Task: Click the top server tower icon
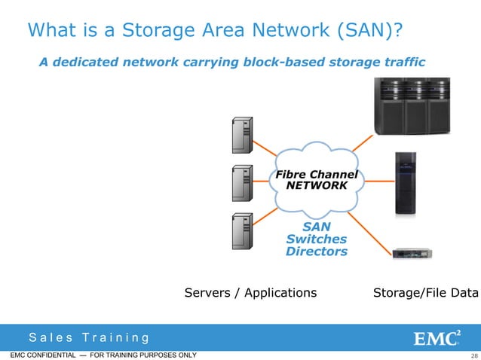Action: (x=242, y=136)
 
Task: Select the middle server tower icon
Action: (x=242, y=183)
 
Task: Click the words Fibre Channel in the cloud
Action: (x=316, y=174)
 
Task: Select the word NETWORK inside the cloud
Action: (x=317, y=185)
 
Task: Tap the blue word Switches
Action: (x=316, y=239)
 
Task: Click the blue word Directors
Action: (x=316, y=252)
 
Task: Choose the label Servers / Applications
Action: (x=250, y=292)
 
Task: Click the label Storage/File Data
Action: (x=426, y=292)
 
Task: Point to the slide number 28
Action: (x=473, y=355)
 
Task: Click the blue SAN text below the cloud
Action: (x=316, y=226)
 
